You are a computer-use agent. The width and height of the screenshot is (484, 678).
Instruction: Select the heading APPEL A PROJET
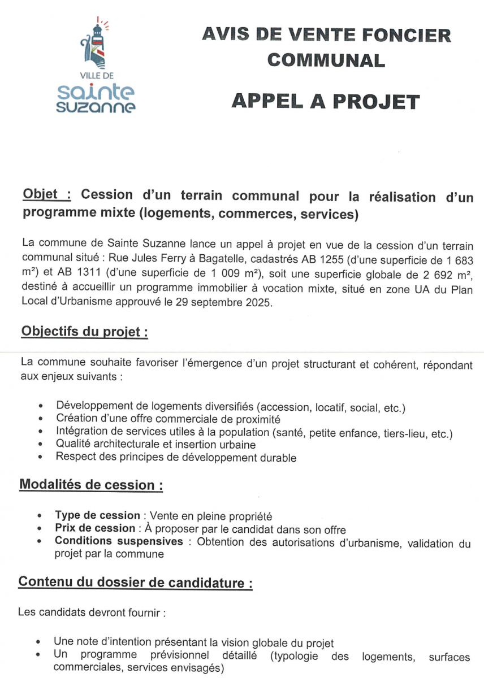(326, 102)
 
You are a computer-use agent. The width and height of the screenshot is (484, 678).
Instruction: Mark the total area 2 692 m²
(444, 273)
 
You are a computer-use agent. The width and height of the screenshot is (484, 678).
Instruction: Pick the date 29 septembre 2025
(226, 302)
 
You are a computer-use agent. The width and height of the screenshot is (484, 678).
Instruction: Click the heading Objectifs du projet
(84, 332)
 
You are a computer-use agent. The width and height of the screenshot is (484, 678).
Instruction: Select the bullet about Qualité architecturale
(155, 445)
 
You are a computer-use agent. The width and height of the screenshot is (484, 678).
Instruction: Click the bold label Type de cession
(97, 515)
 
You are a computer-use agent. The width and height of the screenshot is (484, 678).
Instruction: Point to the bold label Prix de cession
(94, 529)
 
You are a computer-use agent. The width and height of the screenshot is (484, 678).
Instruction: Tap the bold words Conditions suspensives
(119, 542)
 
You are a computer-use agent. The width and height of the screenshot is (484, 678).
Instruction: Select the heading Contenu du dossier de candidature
(135, 582)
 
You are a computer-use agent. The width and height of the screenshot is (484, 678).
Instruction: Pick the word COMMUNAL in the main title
(326, 60)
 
